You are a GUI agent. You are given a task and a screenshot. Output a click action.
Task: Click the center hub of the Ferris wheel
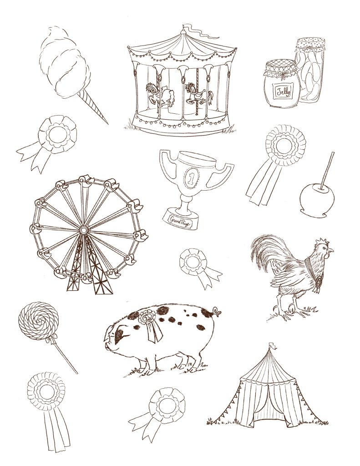click(83, 230)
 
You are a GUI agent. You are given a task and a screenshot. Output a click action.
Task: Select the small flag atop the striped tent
click(272, 345)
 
